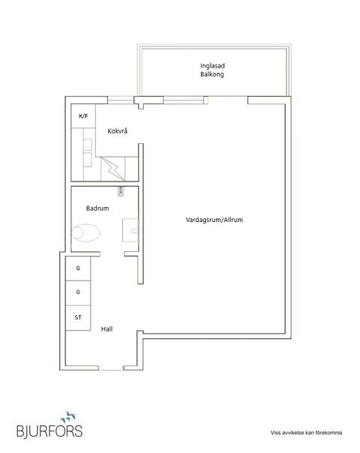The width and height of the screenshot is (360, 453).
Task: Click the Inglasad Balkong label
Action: tap(212, 70)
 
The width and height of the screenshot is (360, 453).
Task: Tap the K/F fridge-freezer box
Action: tap(83, 115)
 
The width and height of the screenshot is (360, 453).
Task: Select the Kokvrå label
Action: tap(117, 130)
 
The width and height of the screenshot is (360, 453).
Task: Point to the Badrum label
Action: tap(97, 208)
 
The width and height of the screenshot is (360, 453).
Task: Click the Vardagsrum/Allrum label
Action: tap(214, 220)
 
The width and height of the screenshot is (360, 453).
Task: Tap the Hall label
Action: tap(106, 328)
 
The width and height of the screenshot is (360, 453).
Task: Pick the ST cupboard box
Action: tap(78, 318)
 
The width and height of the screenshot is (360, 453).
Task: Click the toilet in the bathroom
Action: tap(85, 232)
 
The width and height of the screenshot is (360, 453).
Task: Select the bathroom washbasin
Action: tap(130, 230)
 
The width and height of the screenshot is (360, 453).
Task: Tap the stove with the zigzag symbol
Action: tap(113, 169)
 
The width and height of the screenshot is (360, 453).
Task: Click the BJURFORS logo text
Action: tap(49, 430)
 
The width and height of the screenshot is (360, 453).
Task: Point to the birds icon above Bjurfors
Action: tap(69, 416)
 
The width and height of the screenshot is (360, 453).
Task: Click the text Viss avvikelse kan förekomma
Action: tap(306, 433)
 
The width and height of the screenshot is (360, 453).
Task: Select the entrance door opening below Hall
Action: tap(111, 368)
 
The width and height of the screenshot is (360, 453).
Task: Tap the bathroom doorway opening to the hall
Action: tap(112, 254)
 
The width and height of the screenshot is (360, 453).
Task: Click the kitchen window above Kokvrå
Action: tap(121, 100)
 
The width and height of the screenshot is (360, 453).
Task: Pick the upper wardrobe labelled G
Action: tap(78, 268)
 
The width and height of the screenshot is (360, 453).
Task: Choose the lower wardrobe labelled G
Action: tap(78, 292)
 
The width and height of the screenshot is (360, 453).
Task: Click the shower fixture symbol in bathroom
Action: tap(121, 191)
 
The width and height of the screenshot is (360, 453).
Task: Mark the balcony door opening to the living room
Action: tap(228, 100)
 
